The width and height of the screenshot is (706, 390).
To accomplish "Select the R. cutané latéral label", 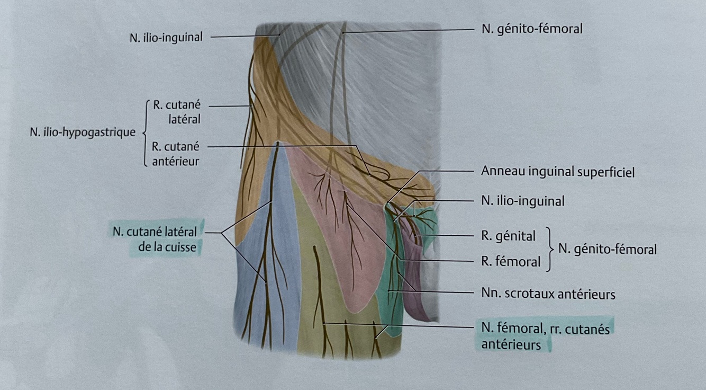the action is tap(177, 112).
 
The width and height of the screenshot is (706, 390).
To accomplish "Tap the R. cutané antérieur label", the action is tap(177, 154).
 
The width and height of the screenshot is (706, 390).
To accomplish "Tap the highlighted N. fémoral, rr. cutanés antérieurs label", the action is tap(546, 336).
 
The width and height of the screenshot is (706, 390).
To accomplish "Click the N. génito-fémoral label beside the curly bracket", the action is tap(608, 249).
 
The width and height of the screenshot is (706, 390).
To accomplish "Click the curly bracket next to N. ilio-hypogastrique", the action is tap(145, 132).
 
